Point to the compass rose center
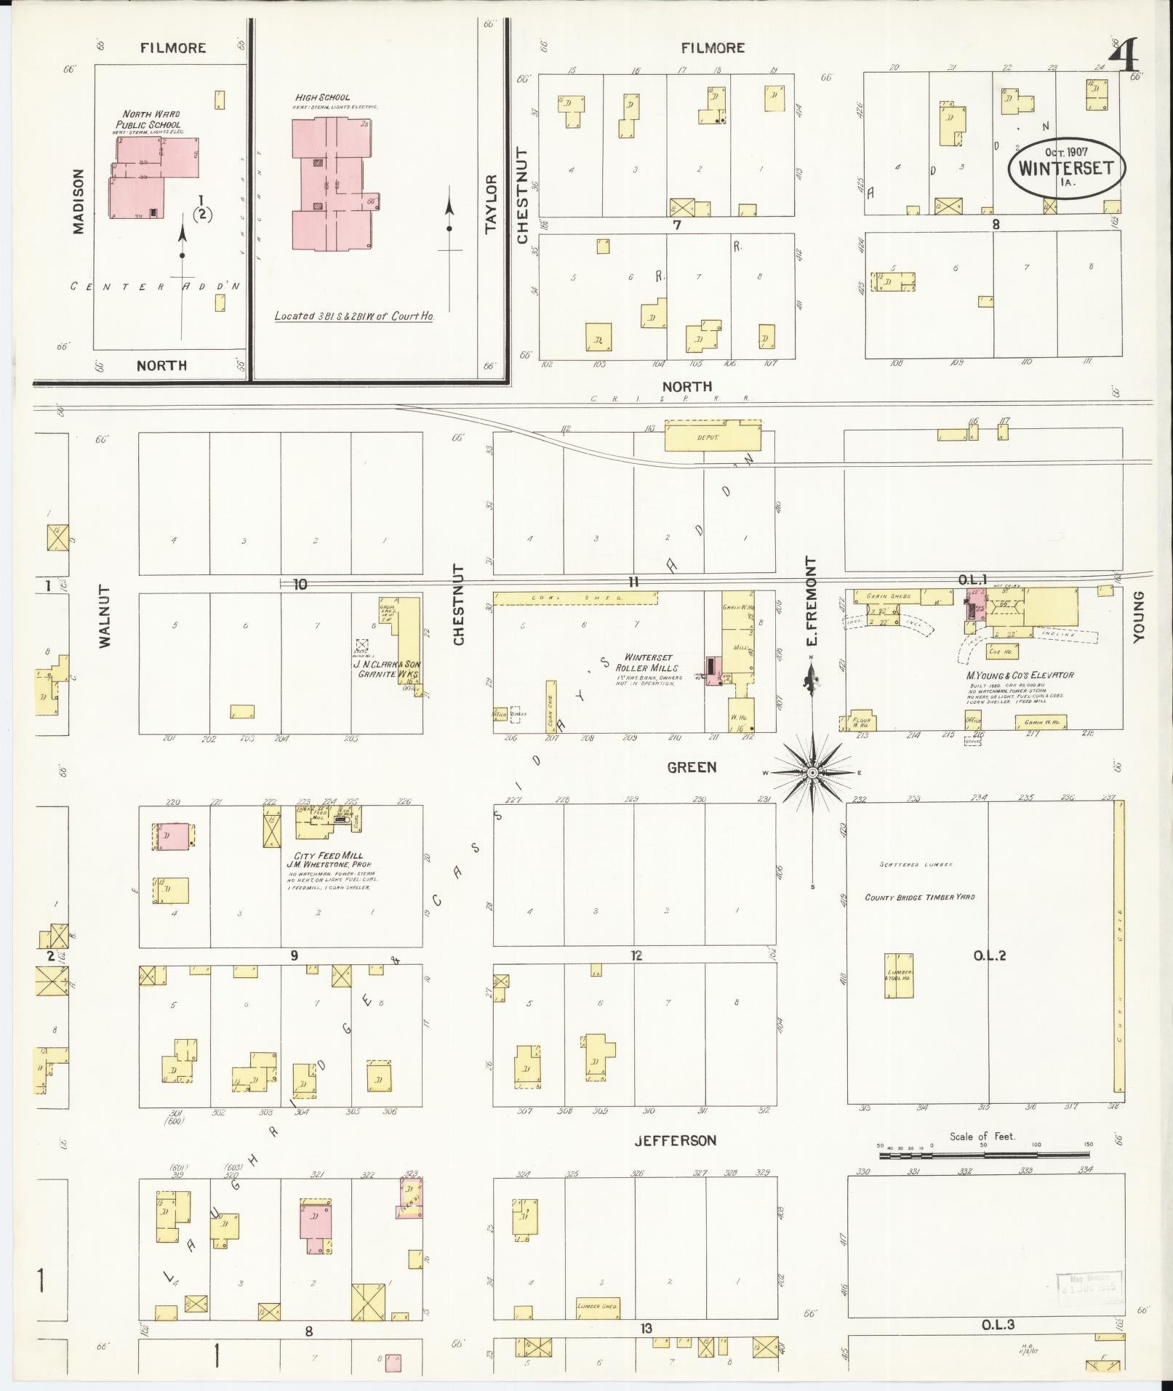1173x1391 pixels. point(812,772)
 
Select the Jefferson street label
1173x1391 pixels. point(675,1141)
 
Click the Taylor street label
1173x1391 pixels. point(490,204)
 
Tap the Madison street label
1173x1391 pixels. point(79,201)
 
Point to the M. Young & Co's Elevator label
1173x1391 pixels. point(1020,675)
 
